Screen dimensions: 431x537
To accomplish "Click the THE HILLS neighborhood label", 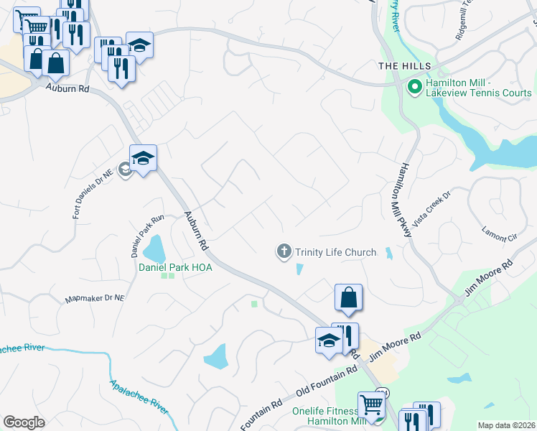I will (398, 66).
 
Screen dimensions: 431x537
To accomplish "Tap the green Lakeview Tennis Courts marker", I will (414, 88).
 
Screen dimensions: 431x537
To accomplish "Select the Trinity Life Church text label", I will (335, 252).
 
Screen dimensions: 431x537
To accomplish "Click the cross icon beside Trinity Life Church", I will (284, 251).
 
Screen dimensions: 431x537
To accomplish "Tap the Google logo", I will (24, 422).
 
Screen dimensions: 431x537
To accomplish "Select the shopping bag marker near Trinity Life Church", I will (348, 297).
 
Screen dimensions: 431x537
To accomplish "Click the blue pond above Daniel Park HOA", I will (155, 250).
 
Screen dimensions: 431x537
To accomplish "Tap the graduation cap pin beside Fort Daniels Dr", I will (143, 158).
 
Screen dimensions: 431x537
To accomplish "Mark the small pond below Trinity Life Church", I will (299, 269).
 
